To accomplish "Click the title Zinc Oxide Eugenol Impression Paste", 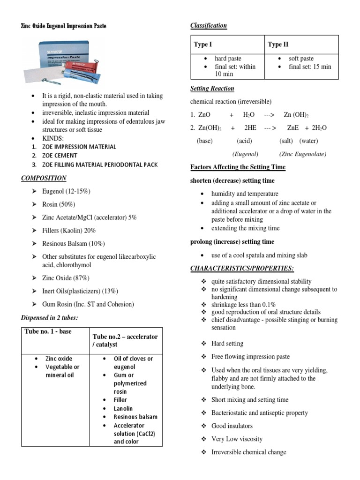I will click(x=64, y=26).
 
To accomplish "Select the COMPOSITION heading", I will click(x=44, y=178).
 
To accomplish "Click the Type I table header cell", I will click(x=203, y=45).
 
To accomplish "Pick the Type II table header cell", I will click(x=278, y=45).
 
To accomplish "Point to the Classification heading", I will click(x=209, y=25).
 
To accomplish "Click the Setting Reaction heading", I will click(x=212, y=89).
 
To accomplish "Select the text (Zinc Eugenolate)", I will click(x=302, y=154).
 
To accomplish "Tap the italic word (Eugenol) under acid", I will click(x=245, y=154).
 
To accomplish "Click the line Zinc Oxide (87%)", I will click(x=66, y=278).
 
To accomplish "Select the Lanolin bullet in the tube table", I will click(x=123, y=408).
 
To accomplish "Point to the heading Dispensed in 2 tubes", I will click(x=49, y=318).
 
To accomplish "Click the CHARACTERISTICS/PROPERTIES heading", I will click(x=242, y=268).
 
